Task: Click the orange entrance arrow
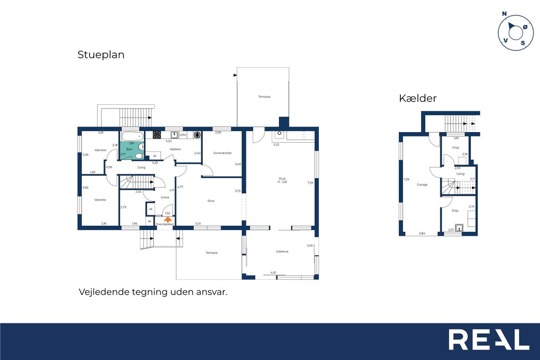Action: point(168,219)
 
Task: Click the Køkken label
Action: point(175,149)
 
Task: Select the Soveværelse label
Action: point(222,153)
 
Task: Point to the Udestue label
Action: point(282,251)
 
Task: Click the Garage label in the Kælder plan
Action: point(422,185)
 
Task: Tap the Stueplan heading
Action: point(101,55)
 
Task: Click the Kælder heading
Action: point(418,98)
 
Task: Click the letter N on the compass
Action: point(504,14)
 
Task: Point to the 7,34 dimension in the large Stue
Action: point(310,183)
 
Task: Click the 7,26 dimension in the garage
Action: point(406,179)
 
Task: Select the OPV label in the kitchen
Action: point(183,135)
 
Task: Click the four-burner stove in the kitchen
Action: point(157,135)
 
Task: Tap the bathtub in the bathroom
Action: point(132,136)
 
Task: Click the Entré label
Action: point(165,197)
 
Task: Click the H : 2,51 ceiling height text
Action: point(282,182)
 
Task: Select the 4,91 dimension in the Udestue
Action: point(273,273)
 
